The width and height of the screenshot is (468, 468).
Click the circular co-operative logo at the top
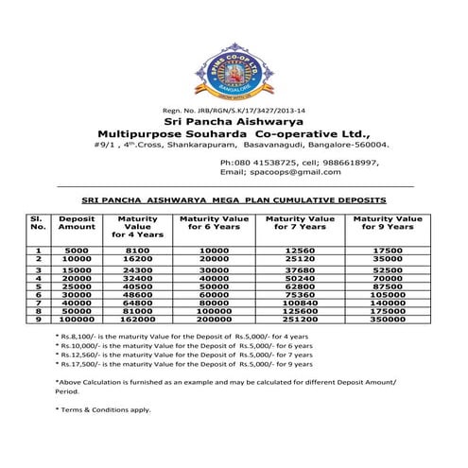[232, 70]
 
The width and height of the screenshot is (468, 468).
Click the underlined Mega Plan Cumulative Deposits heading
[234, 200]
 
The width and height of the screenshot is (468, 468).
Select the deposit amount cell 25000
[77, 286]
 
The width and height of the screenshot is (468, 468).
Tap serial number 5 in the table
[38, 286]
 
